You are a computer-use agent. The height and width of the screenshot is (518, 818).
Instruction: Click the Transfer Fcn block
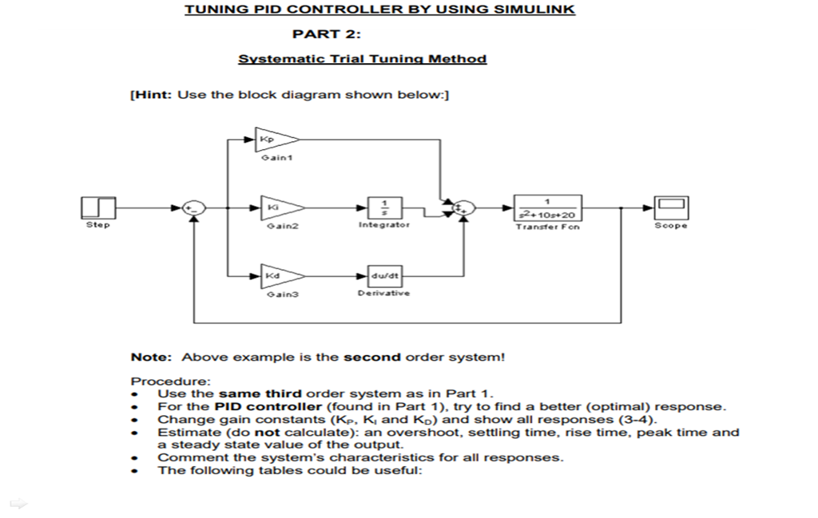(547, 208)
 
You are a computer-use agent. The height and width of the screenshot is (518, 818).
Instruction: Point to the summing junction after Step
(193, 208)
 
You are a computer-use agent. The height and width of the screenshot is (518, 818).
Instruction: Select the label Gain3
(275, 295)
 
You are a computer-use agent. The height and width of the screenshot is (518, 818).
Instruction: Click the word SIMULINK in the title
(534, 10)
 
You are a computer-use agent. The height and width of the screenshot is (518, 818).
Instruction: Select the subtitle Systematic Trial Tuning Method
(362, 59)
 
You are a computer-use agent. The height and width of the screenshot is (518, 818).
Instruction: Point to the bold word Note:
(153, 358)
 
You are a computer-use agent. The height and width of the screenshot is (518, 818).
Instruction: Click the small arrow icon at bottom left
(18, 503)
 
